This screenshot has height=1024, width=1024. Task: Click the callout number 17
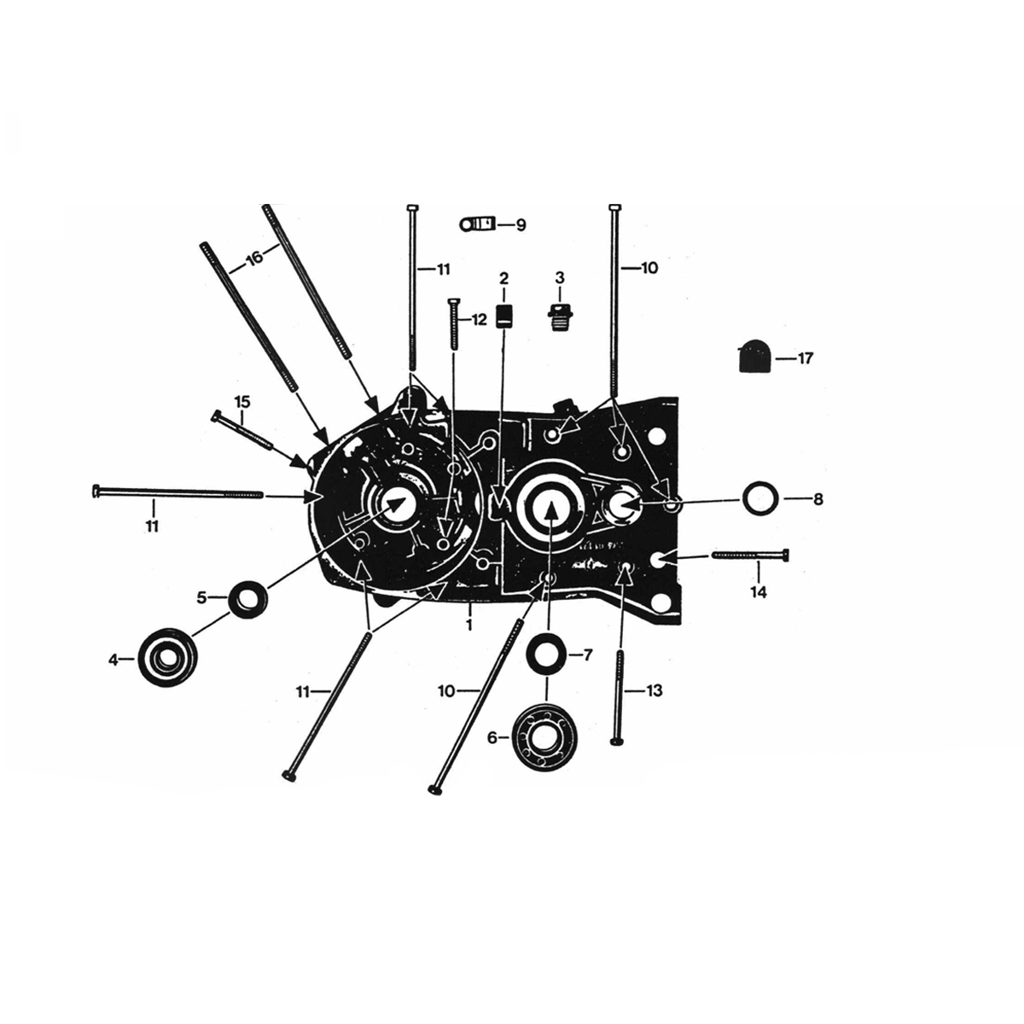pyautogui.click(x=806, y=358)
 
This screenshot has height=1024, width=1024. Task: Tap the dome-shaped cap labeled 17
pyautogui.click(x=753, y=356)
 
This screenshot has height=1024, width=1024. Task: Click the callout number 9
pyautogui.click(x=520, y=225)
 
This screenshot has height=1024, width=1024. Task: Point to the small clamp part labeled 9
pyautogui.click(x=475, y=224)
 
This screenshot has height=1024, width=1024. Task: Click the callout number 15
pyautogui.click(x=242, y=401)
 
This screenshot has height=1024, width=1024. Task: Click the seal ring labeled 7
pyautogui.click(x=544, y=655)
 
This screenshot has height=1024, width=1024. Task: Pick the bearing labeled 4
pyautogui.click(x=167, y=659)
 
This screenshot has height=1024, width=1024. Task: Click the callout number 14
pyautogui.click(x=758, y=592)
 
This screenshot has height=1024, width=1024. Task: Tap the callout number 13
pyautogui.click(x=654, y=690)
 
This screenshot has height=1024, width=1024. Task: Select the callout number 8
pyautogui.click(x=817, y=499)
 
